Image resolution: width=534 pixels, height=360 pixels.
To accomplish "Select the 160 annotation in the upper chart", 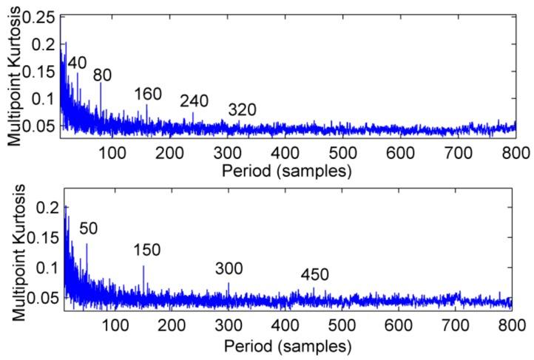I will pos(148,94).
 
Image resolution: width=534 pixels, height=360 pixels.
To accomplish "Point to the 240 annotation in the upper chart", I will pos(195,101).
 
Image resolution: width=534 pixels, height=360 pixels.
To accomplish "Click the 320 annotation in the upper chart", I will pos(242,110).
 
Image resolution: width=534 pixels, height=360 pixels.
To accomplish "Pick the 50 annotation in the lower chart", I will pos(89,229).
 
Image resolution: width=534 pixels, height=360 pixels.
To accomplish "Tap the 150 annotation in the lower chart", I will pos(148,251).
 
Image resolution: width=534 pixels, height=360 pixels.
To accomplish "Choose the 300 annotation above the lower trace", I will pos(229,268).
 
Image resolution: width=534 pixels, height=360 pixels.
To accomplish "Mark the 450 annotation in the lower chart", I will pos(314,275).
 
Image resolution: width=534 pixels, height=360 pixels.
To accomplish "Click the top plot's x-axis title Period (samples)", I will pos(289,171).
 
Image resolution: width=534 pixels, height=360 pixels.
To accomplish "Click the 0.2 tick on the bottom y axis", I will pos(45,208).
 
